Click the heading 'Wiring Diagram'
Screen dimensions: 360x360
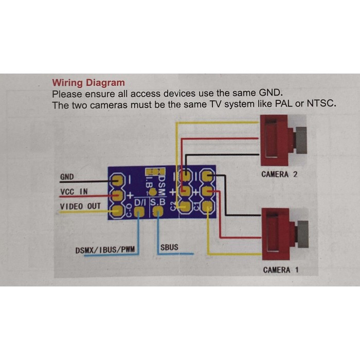click(x=88, y=83)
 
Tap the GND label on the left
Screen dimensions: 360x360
click(x=67, y=177)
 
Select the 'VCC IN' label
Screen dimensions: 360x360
click(x=74, y=192)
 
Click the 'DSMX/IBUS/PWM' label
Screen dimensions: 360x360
click(x=106, y=250)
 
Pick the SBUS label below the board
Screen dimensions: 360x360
click(x=169, y=247)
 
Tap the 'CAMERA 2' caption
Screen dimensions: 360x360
click(x=279, y=174)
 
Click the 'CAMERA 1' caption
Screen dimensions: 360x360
click(x=280, y=270)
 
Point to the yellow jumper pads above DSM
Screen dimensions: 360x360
click(x=154, y=171)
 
